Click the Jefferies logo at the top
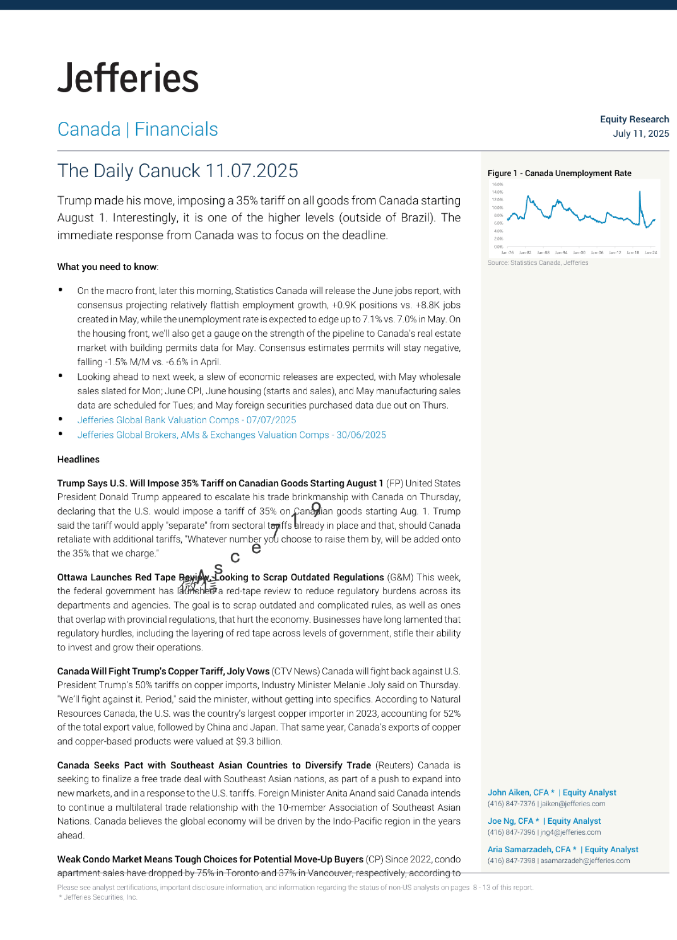pyautogui.click(x=128, y=78)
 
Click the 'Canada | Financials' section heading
pyautogui.click(x=137, y=129)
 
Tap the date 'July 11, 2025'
pyautogui.click(x=641, y=133)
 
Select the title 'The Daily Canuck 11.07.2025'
pyautogui.click(x=178, y=170)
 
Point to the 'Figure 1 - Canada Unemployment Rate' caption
pyautogui.click(x=559, y=173)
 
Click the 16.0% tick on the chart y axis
pyautogui.click(x=497, y=185)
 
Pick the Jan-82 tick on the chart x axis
pyautogui.click(x=525, y=252)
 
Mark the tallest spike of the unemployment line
pyautogui.click(x=640, y=193)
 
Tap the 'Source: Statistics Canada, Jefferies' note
pyautogui.click(x=537, y=263)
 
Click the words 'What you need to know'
pyautogui.click(x=107, y=267)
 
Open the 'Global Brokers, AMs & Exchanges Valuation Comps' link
pyautogui.click(x=231, y=435)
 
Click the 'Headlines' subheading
pyautogui.click(x=78, y=459)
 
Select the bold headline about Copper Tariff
pyautogui.click(x=163, y=671)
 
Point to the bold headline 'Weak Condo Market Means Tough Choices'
pyautogui.click(x=210, y=859)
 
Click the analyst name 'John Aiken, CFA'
pyautogui.click(x=517, y=792)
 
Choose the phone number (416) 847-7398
pyautogui.click(x=511, y=861)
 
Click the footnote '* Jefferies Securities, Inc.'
pyautogui.click(x=97, y=897)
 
